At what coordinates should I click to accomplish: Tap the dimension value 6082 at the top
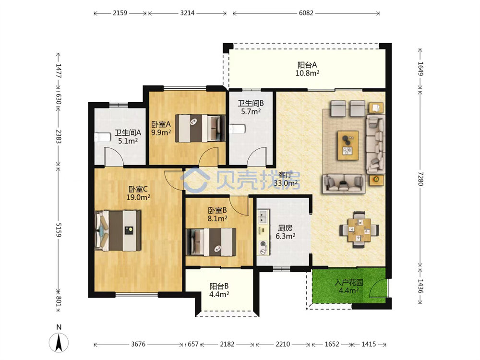(306, 13)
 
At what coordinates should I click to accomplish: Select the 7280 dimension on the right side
(420, 178)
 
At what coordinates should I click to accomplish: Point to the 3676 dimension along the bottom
(138, 344)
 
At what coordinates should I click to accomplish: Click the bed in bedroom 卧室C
(118, 230)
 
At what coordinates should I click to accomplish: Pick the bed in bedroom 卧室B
(211, 242)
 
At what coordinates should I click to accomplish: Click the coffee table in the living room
(348, 145)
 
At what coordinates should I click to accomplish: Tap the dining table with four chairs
(360, 229)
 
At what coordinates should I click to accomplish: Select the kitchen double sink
(263, 217)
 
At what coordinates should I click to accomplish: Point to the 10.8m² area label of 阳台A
(307, 73)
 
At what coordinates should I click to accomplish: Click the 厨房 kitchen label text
(285, 228)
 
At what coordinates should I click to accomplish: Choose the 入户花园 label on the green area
(349, 282)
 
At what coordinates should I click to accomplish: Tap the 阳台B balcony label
(219, 286)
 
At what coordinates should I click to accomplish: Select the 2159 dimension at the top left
(120, 13)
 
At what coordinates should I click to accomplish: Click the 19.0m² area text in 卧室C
(138, 197)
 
